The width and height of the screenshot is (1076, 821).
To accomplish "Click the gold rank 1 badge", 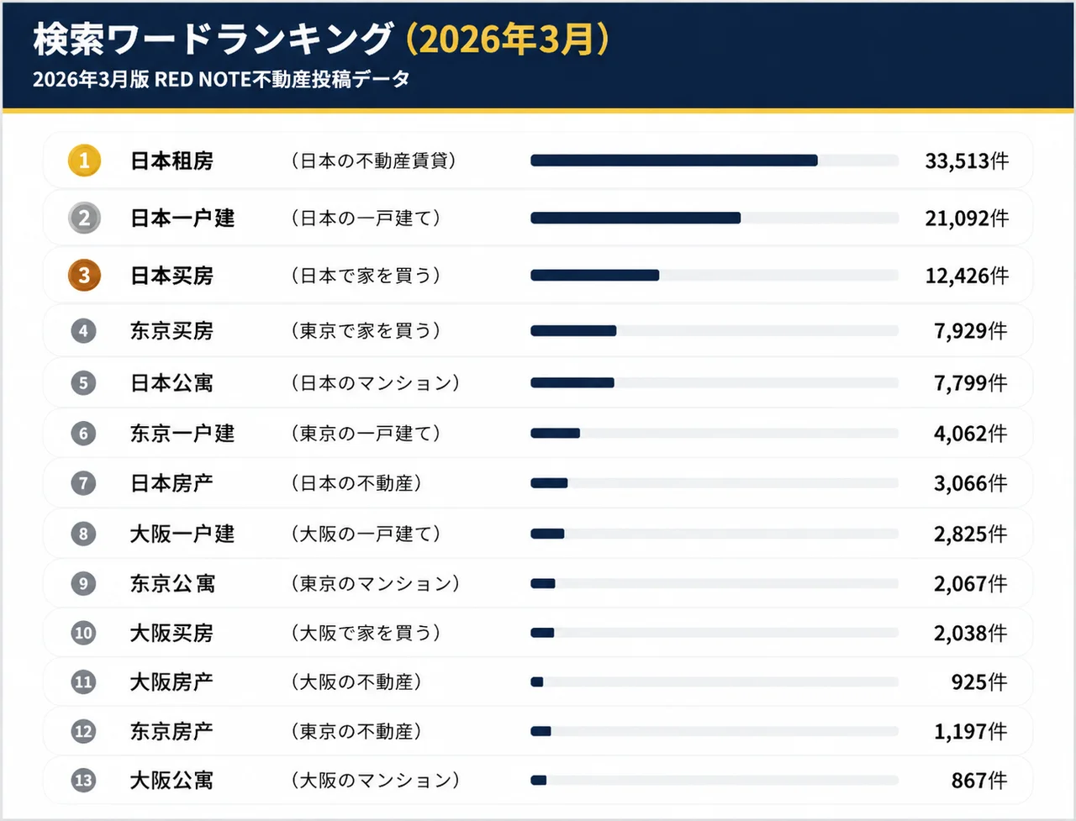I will tap(84, 161).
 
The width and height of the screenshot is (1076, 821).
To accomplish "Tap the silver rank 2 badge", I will tap(84, 218).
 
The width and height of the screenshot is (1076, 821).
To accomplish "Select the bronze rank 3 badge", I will tap(84, 276).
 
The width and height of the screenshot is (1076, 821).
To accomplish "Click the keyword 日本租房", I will tap(171, 161).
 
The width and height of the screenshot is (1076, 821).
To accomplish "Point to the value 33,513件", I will tap(967, 161).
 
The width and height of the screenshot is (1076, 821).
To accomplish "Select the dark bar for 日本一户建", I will tap(636, 218).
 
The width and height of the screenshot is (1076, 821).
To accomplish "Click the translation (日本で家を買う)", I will tap(366, 276).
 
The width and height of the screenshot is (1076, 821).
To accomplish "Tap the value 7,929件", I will tap(970, 331).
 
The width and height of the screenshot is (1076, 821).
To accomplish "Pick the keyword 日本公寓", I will tap(171, 383).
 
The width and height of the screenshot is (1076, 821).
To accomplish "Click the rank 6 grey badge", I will tap(83, 434).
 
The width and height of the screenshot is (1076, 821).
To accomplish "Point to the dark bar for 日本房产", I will tap(549, 483).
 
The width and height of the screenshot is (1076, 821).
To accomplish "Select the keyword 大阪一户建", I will tap(182, 534).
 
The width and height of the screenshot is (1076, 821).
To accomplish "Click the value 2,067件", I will tap(970, 584).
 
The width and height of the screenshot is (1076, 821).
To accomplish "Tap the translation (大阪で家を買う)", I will tap(366, 633).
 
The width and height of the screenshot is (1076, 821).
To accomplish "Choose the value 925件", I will tap(978, 682).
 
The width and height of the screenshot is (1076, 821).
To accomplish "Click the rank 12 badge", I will tap(83, 731).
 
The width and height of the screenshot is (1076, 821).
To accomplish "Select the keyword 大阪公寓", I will tap(171, 781).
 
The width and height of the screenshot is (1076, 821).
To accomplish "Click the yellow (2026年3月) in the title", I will tap(507, 39).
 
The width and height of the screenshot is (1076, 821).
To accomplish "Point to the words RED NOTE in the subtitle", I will tap(203, 80).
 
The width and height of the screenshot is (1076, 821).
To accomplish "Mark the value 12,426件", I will tap(967, 276).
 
